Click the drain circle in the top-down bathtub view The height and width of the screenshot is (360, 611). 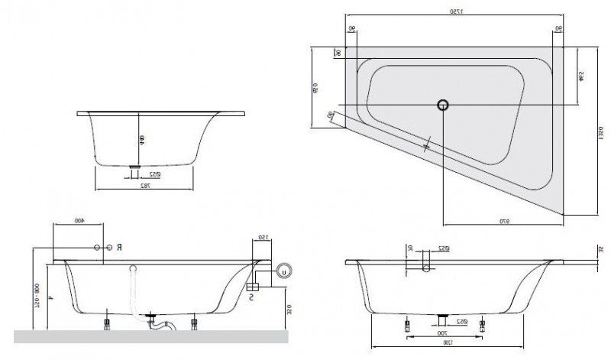click(x=442, y=105)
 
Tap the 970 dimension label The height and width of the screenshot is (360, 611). click(x=504, y=222)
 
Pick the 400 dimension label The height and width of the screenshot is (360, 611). click(x=78, y=221)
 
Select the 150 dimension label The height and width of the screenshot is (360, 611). click(x=261, y=236)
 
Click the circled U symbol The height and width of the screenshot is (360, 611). click(x=284, y=270)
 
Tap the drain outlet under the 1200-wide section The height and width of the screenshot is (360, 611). click(x=442, y=314)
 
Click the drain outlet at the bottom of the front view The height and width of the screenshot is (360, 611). click(x=135, y=165)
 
